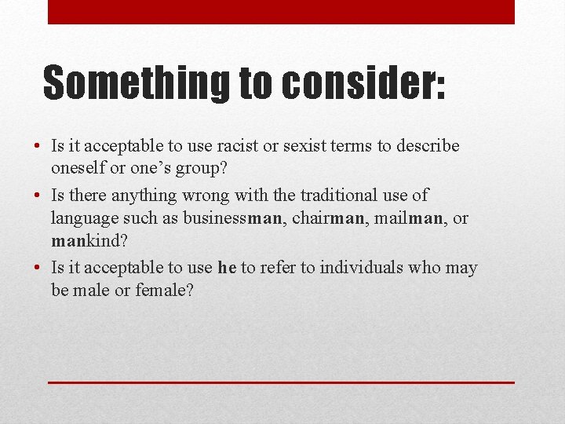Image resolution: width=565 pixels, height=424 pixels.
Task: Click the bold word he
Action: (x=227, y=268)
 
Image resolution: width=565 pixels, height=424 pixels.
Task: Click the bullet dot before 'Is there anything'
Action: (x=38, y=196)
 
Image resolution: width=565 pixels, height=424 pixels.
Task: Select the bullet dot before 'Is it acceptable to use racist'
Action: (x=38, y=147)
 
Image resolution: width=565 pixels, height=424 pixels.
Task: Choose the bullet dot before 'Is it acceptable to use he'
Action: (x=38, y=269)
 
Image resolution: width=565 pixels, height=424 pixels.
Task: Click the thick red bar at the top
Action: (x=281, y=12)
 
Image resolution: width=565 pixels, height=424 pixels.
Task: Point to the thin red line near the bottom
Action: (x=281, y=382)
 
